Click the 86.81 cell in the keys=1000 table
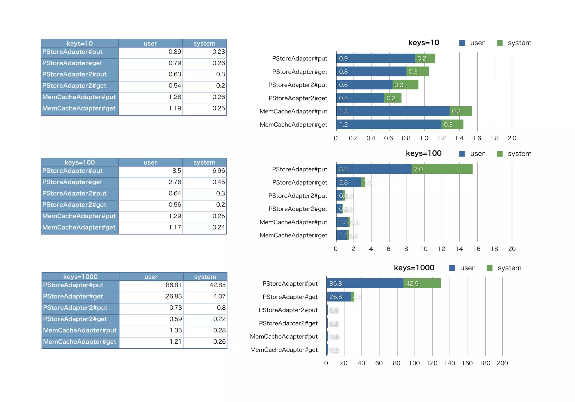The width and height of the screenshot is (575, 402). click(173, 285)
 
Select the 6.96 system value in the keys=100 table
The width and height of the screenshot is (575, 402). click(218, 171)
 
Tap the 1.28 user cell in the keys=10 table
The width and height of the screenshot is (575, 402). click(175, 97)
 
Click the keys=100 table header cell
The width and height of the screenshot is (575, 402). click(80, 162)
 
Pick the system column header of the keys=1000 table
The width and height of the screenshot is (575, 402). click(205, 277)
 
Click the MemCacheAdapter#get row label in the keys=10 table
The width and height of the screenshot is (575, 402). click(79, 109)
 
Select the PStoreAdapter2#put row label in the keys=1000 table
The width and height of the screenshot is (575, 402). click(75, 308)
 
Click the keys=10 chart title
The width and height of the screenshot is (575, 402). click(423, 43)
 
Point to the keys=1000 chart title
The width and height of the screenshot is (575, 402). click(414, 268)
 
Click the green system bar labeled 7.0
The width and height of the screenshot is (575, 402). click(442, 169)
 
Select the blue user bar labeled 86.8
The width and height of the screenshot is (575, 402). click(365, 283)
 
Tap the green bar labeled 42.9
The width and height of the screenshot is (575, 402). click(422, 283)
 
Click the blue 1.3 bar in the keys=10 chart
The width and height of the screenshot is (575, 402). click(393, 111)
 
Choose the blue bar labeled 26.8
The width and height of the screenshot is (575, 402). click(339, 297)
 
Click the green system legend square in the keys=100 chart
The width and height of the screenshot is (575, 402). click(499, 154)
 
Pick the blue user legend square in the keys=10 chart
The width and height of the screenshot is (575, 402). click(462, 43)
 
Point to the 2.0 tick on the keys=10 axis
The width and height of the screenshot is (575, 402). click(512, 138)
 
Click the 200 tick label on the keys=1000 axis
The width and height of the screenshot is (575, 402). click(502, 363)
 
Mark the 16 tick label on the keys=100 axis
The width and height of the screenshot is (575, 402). click(477, 249)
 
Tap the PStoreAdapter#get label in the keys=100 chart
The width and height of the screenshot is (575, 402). click(300, 182)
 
